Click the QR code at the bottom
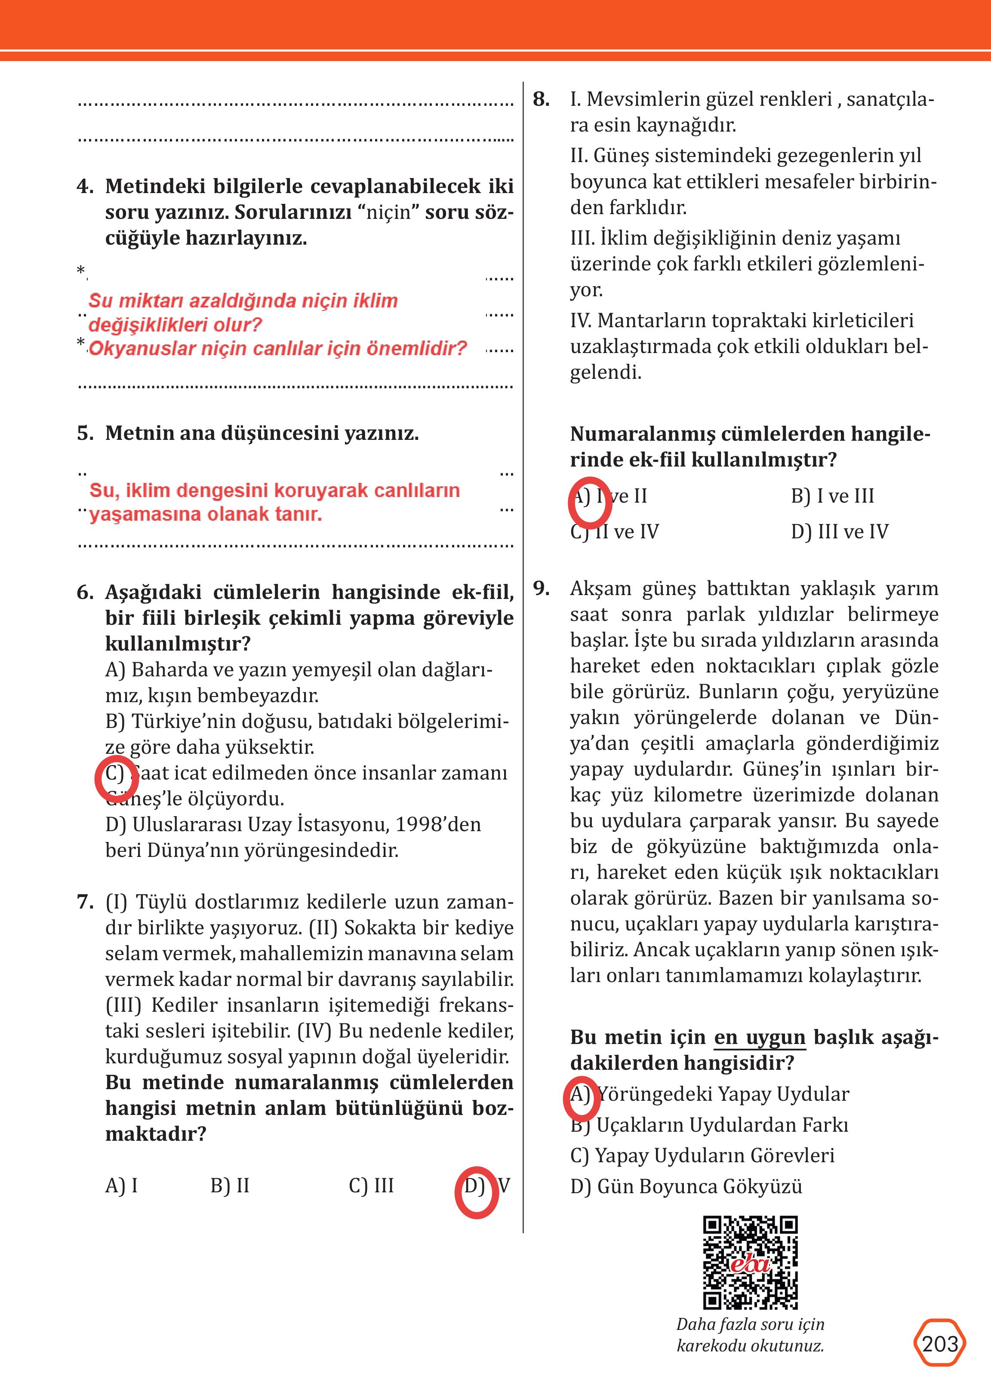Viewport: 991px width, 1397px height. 750,1263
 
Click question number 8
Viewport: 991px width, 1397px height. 541,99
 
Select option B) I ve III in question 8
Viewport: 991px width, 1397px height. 832,496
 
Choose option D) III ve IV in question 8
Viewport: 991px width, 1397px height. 839,531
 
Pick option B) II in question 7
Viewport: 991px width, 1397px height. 230,1185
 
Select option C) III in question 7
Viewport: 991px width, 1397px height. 371,1185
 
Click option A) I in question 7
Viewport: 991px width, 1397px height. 121,1185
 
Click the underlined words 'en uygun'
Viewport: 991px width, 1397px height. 760,1037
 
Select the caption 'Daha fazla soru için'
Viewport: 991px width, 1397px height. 750,1324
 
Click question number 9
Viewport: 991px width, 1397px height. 541,588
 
